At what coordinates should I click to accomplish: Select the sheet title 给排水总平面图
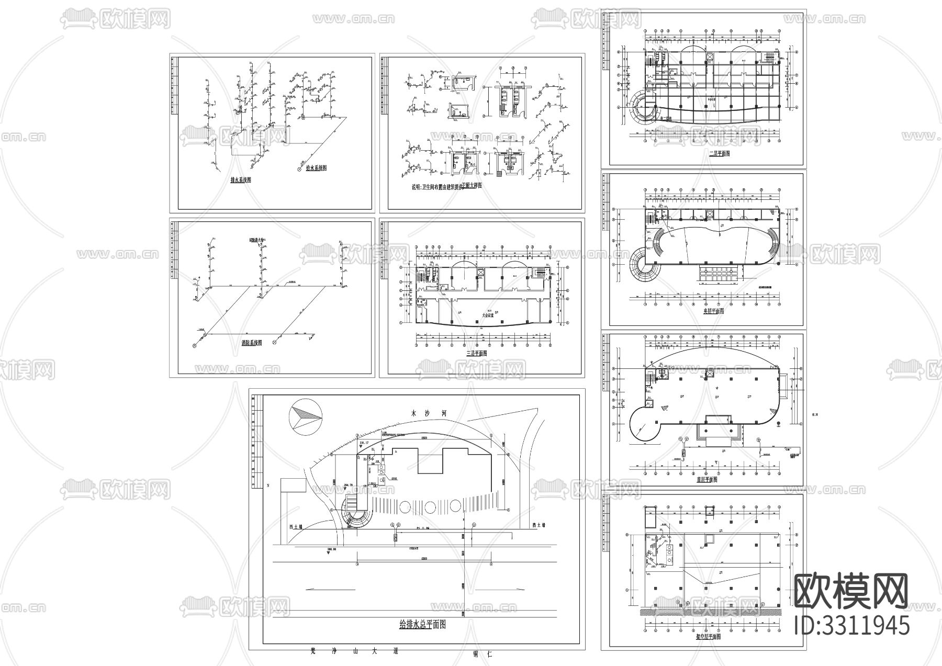(422, 624)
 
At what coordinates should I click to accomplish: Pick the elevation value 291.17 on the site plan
(364, 443)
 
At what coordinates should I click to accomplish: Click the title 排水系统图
(241, 180)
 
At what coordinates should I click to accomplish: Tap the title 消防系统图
(252, 343)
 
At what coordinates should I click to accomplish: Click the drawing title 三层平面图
(477, 354)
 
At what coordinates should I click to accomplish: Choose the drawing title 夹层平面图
(712, 311)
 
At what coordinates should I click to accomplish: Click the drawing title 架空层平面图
(708, 637)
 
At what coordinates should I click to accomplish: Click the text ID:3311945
(851, 625)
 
